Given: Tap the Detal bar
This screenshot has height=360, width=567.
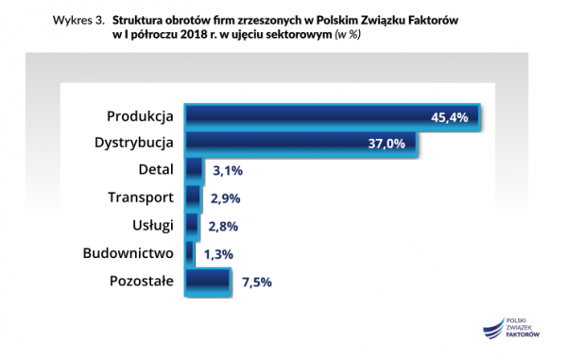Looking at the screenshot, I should pos(194,171).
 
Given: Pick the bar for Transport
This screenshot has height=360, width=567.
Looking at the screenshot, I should pos(193,198).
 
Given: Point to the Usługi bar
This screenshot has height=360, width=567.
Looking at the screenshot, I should pos(192,226).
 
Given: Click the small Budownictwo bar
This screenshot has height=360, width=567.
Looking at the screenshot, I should pos(190,253).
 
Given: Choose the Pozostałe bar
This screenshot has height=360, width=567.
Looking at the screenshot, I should pos(208,281).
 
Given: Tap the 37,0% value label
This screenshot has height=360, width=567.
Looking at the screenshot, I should pos(386,145).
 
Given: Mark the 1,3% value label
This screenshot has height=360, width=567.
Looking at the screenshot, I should pos(218,254).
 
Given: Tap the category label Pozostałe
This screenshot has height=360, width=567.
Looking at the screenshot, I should pos(142,281).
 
